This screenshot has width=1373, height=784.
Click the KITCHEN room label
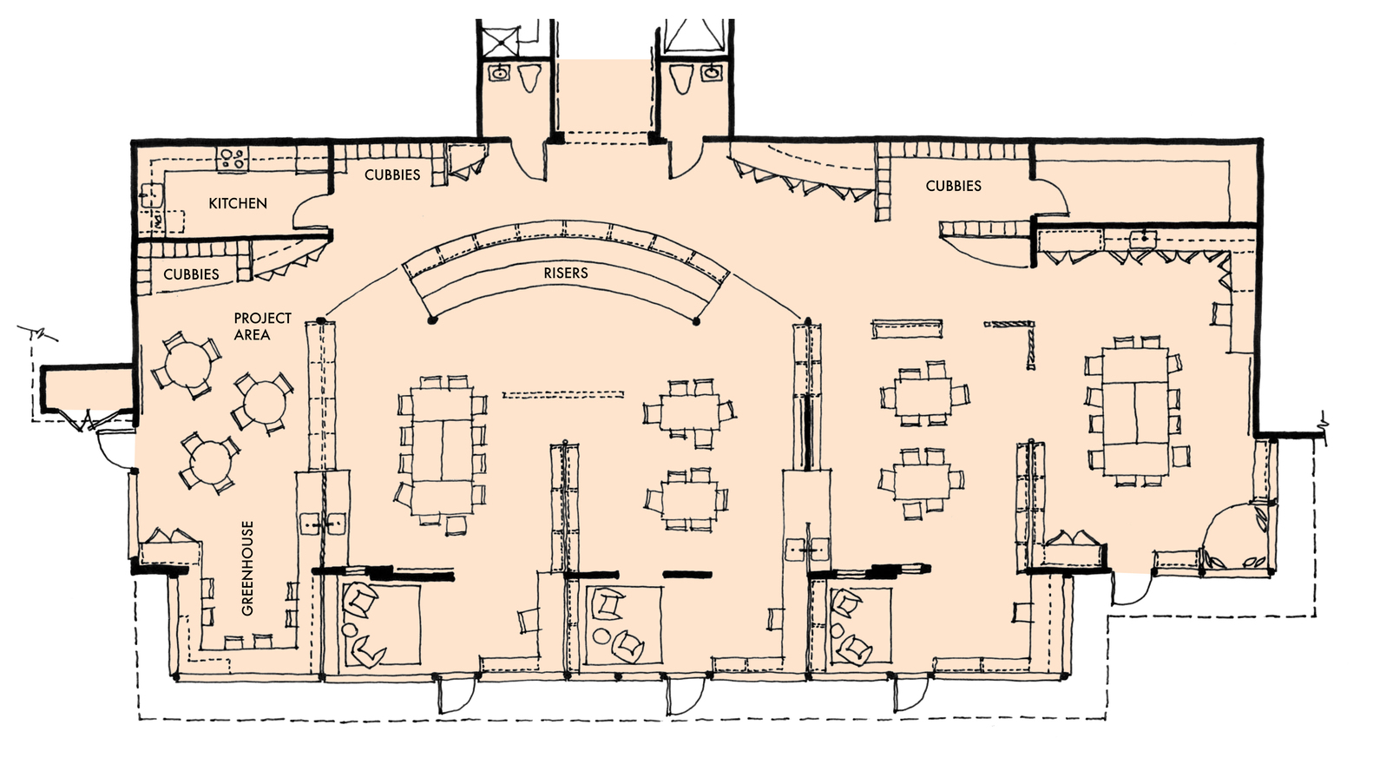coord(238,203)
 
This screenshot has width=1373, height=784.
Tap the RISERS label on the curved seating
coord(566,273)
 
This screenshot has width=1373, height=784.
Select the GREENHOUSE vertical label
coord(248,568)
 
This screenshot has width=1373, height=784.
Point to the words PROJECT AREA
coord(262,326)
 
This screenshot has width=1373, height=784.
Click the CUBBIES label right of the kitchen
coord(392,175)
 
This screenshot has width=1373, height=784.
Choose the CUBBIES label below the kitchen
coord(191,274)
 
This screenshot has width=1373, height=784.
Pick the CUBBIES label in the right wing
coord(953,186)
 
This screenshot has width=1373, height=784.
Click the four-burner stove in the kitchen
coord(232,159)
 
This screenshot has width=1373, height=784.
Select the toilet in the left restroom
coord(528,77)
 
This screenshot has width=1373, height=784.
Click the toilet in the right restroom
coord(681,77)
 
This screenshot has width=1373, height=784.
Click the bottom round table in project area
coord(208,462)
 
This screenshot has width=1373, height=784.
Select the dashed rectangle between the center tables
coord(563,394)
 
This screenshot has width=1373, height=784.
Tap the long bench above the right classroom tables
coord(908,328)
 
